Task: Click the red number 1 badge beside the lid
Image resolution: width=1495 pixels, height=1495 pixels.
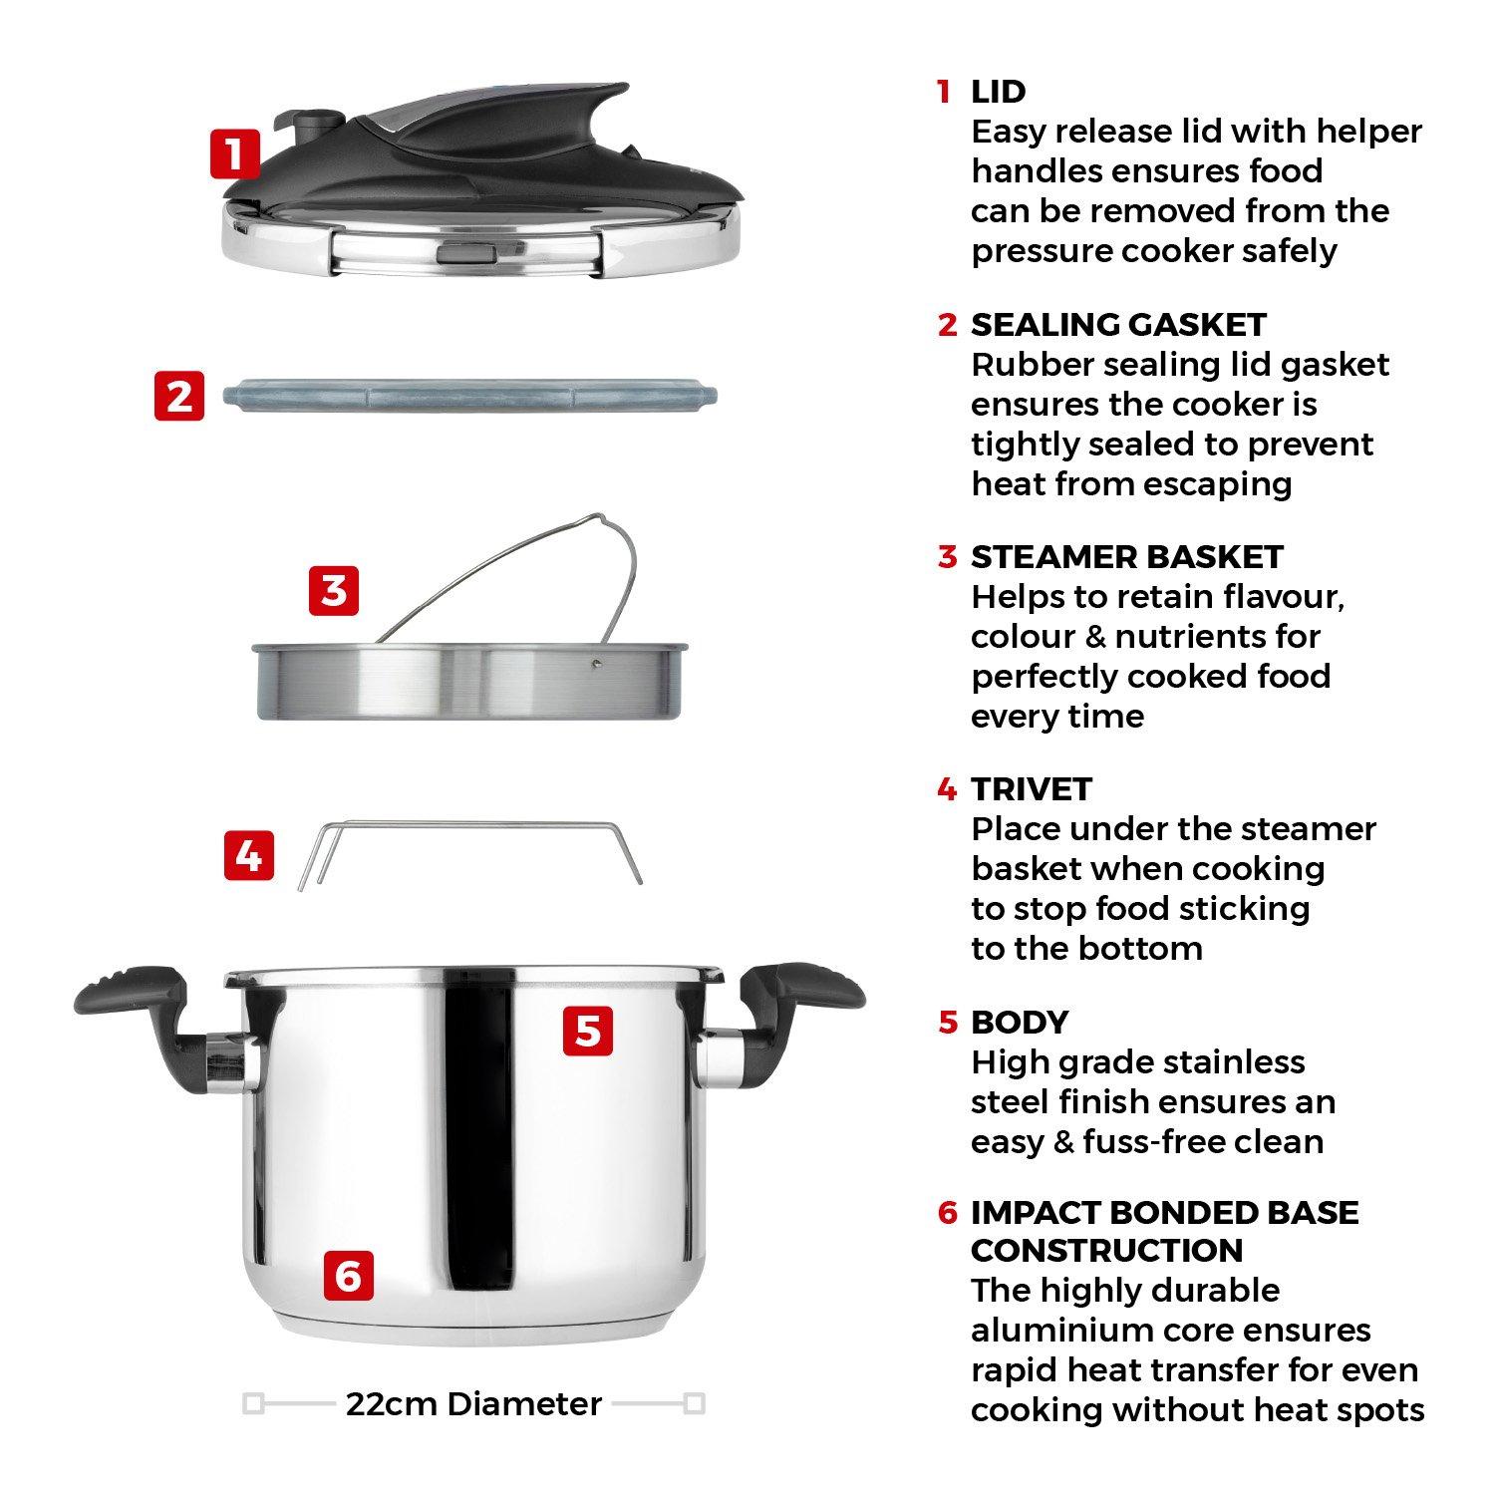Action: click(x=234, y=154)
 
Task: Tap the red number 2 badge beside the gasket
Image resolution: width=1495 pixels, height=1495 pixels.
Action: click(x=179, y=396)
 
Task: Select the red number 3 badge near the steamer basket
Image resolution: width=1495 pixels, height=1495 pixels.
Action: click(x=334, y=591)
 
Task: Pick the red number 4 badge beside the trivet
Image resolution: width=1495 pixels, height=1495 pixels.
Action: click(x=249, y=855)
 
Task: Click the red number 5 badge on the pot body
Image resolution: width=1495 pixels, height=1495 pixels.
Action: click(x=588, y=1030)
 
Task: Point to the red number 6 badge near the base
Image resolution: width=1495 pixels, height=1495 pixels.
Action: click(x=348, y=1276)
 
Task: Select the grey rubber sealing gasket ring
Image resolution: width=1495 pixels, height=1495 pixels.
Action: click(x=468, y=396)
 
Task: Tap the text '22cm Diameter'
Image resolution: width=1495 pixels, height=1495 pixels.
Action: click(x=473, y=1404)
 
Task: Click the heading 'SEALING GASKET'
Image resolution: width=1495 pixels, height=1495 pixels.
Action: click(x=1118, y=325)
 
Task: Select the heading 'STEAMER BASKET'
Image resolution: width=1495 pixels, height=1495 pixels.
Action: click(x=1126, y=557)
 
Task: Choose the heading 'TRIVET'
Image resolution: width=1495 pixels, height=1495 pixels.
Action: click(x=1032, y=789)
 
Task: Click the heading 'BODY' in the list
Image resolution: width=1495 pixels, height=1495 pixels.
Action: click(x=1019, y=1023)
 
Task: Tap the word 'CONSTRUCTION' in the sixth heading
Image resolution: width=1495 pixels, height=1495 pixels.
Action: click(x=1106, y=1251)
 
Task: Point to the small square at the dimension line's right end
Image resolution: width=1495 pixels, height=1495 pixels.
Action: click(x=695, y=1404)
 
